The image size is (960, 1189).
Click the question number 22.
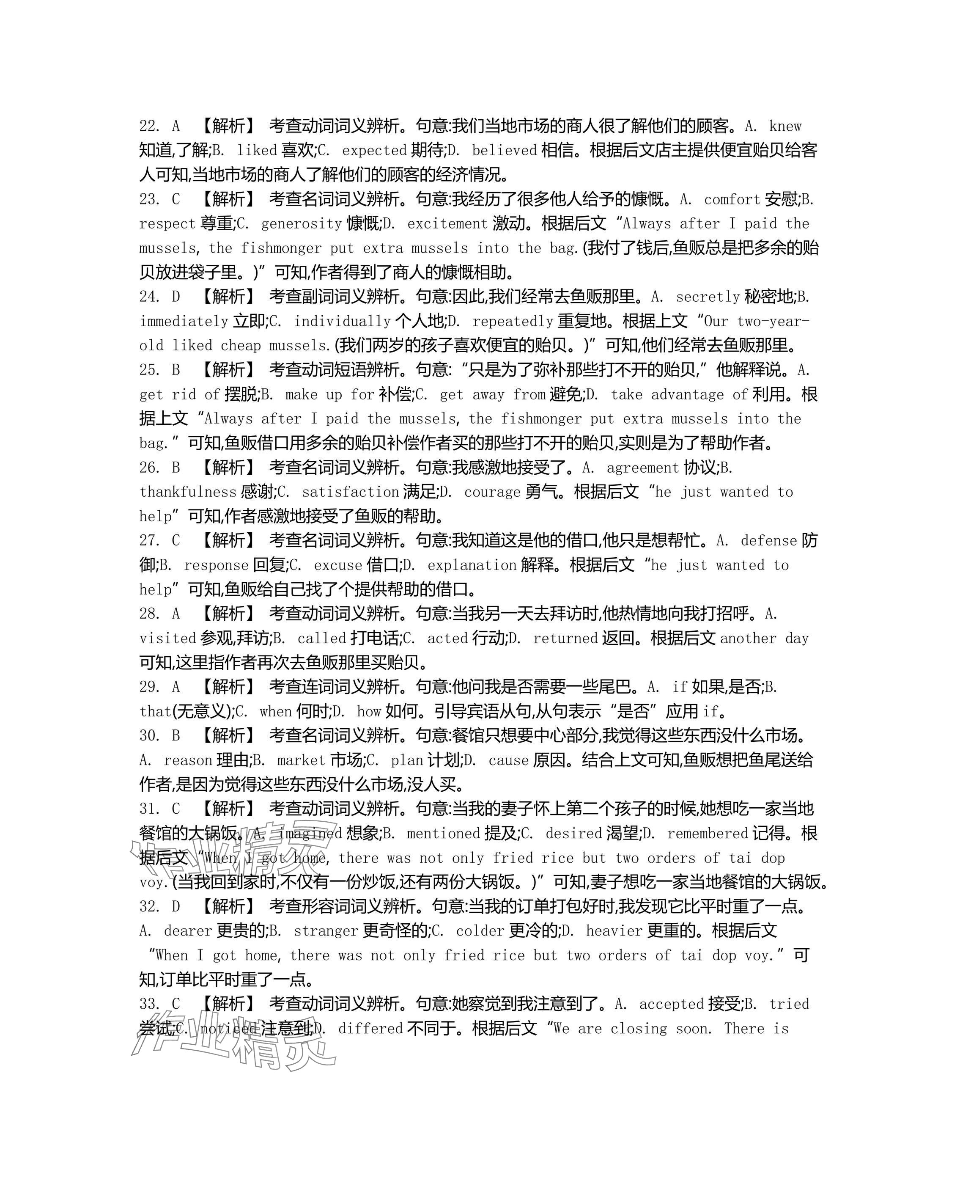(x=149, y=126)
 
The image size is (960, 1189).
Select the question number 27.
(x=149, y=541)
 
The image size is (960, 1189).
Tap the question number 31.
(x=149, y=809)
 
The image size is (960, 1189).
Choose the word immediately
(x=184, y=322)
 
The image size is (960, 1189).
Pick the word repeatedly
(x=513, y=322)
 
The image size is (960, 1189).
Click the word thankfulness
(x=188, y=492)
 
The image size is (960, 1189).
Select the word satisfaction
(x=350, y=492)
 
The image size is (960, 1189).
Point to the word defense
(x=769, y=541)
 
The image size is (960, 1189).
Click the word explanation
(x=472, y=565)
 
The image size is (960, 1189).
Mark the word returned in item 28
(x=565, y=639)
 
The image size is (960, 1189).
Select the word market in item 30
(x=301, y=760)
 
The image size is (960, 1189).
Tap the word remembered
(x=707, y=833)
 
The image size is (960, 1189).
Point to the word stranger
(x=326, y=931)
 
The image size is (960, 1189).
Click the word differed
(x=370, y=1029)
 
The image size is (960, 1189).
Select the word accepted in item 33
(x=671, y=1004)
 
